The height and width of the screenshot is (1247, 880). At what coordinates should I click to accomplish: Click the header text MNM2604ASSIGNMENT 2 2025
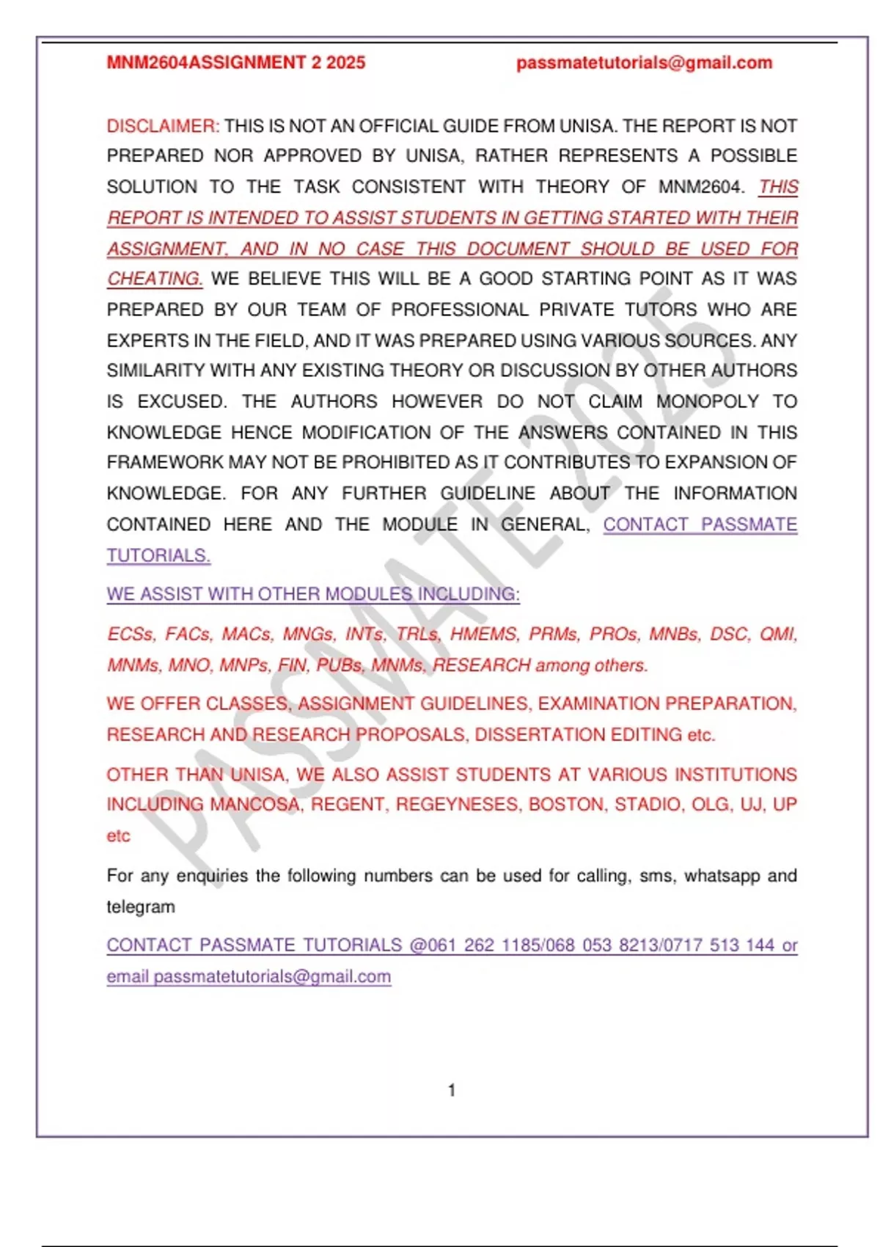tap(235, 63)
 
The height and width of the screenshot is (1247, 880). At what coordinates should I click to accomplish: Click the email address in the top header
tap(644, 63)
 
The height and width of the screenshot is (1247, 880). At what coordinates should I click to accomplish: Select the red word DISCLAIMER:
tap(163, 126)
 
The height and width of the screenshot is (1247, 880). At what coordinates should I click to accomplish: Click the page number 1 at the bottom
tap(452, 1091)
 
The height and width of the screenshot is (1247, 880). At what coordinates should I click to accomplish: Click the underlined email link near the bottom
tap(272, 977)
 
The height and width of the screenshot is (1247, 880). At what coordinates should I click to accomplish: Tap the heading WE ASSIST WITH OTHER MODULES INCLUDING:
tap(313, 594)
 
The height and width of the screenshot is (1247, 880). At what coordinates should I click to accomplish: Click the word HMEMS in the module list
tap(483, 635)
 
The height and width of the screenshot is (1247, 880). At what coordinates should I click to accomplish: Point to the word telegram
tap(141, 907)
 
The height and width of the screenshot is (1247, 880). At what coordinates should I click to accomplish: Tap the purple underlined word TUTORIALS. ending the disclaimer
tap(158, 556)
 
